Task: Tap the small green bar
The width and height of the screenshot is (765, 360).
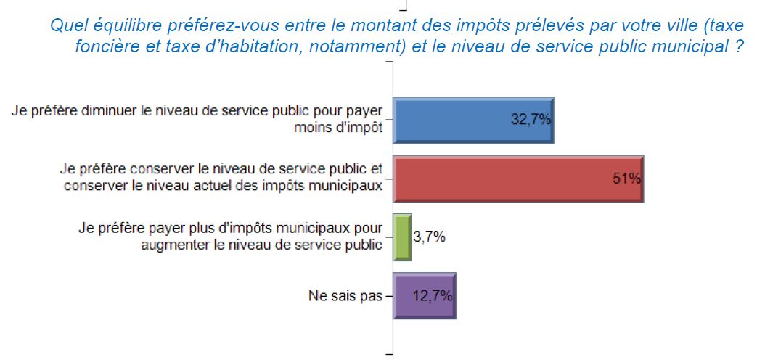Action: [402, 237]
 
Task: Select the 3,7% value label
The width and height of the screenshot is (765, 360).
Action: [430, 237]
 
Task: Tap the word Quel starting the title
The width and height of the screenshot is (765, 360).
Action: [65, 25]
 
